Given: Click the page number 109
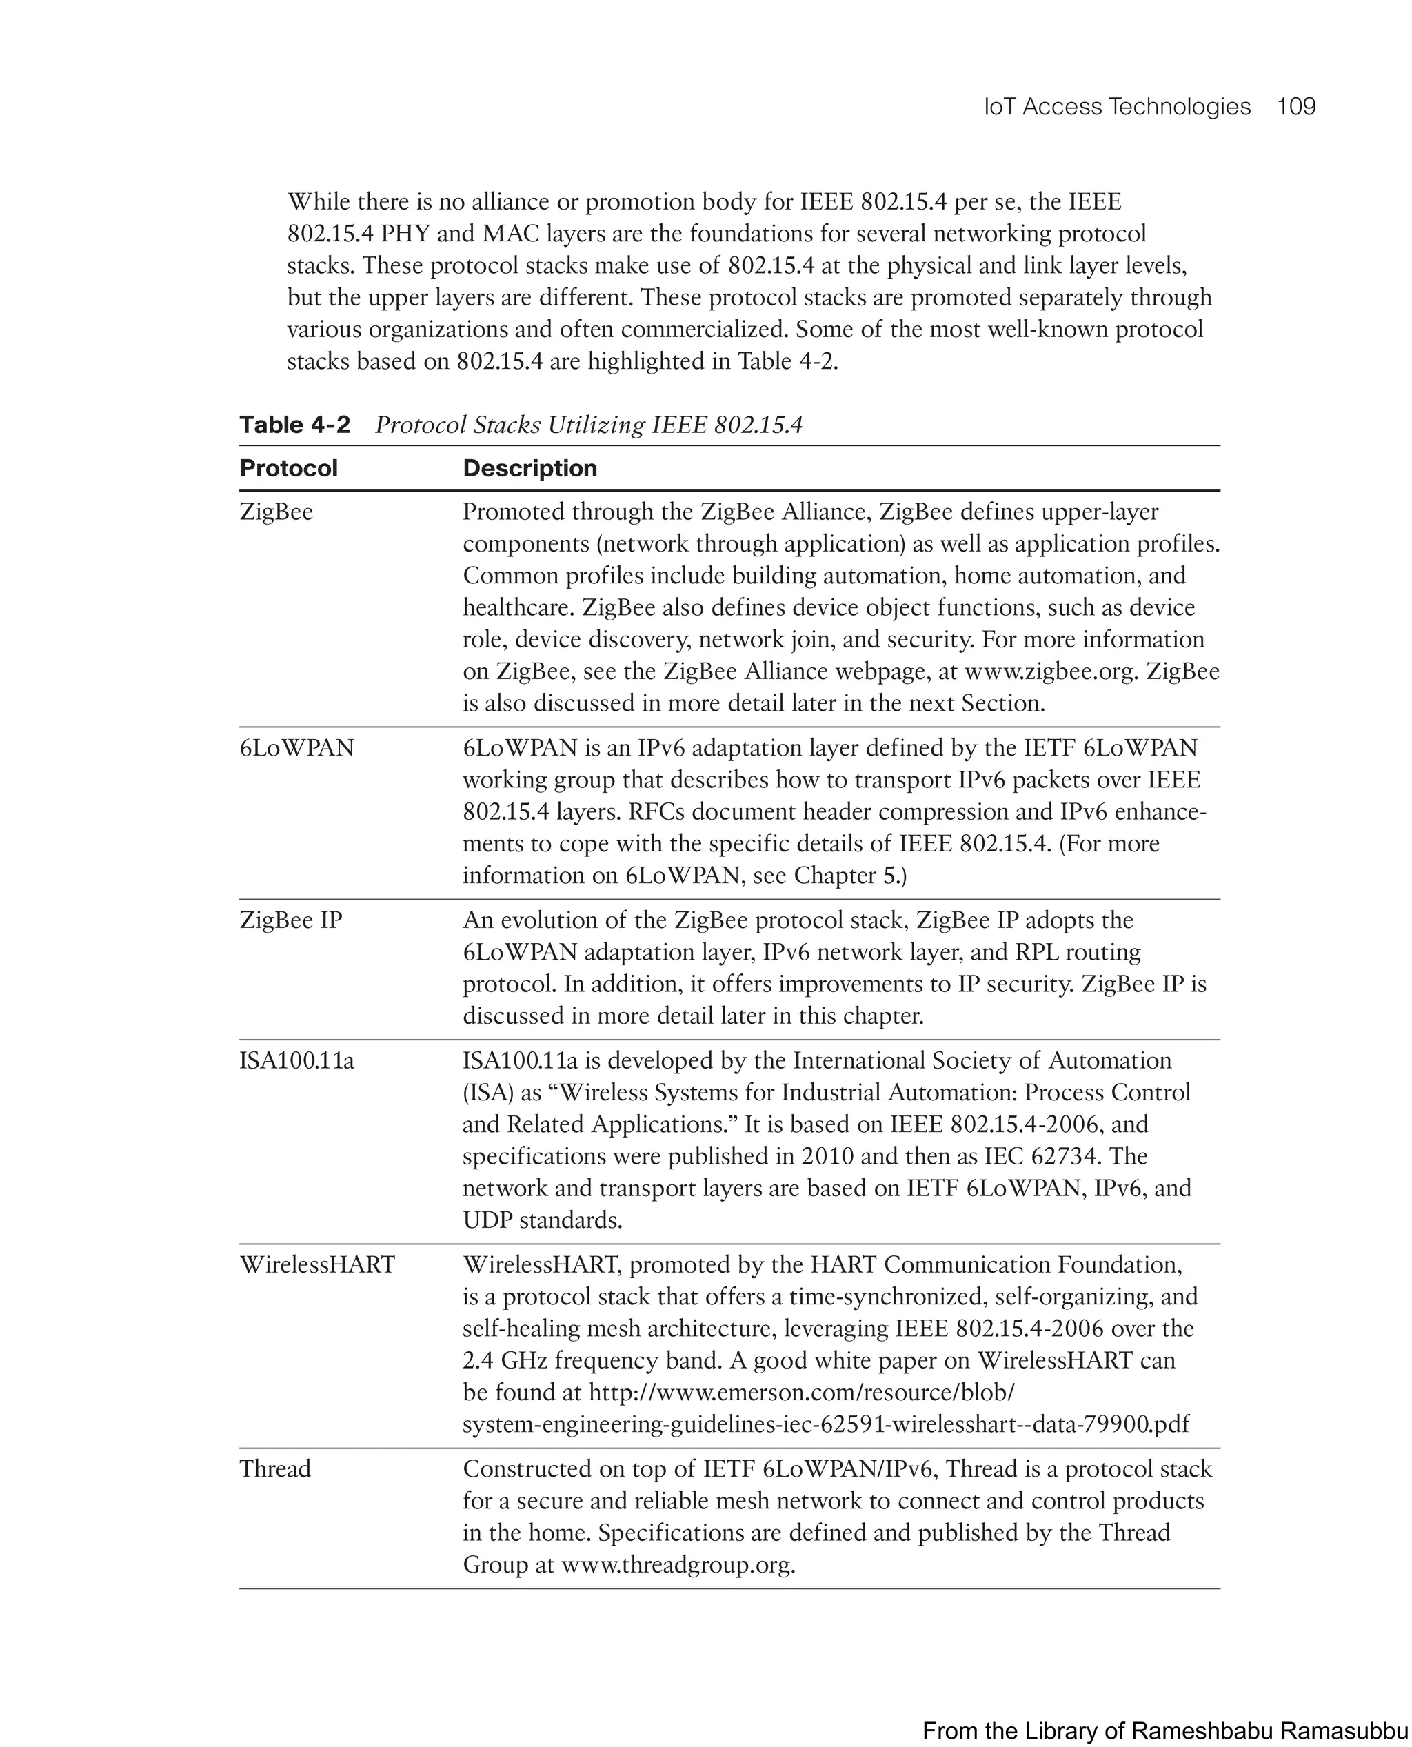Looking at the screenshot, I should (1295, 107).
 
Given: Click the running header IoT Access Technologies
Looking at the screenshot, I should (1117, 107).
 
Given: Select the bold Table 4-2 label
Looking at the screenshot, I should (294, 425).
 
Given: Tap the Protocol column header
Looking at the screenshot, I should (288, 469).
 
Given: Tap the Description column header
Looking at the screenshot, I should (529, 469).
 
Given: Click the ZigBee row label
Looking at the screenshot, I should (276, 512).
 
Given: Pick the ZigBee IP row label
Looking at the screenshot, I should (290, 920).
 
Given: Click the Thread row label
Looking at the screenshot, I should (275, 1470).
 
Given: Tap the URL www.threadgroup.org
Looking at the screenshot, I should (677, 1565).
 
